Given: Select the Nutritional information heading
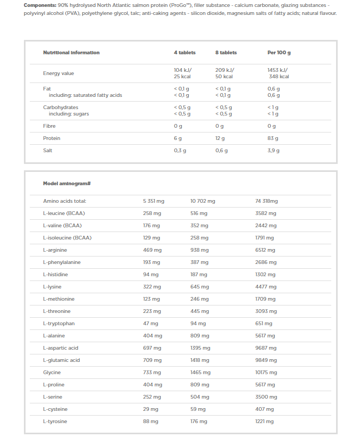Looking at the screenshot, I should click(x=71, y=53).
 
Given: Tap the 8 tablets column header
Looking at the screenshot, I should click(x=226, y=53).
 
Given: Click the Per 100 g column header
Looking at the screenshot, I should click(x=279, y=53).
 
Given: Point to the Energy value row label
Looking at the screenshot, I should click(x=58, y=73).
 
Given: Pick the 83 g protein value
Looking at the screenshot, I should click(x=273, y=138).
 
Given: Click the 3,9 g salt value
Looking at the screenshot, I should click(x=273, y=151).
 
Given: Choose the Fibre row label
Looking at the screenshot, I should click(x=49, y=126).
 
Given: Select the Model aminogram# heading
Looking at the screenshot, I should click(x=67, y=184).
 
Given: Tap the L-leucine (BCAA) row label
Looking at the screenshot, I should click(x=64, y=213).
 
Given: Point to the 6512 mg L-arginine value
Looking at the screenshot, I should click(x=265, y=250).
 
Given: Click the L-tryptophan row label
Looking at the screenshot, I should click(x=59, y=324).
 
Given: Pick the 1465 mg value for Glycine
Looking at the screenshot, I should click(x=200, y=373).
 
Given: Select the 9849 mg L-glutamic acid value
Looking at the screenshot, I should click(x=266, y=360).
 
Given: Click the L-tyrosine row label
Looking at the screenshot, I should click(x=55, y=422).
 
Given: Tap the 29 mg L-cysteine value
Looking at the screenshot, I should click(x=150, y=409).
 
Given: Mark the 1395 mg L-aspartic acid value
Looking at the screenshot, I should click(x=200, y=348).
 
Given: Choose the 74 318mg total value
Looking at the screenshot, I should click(x=267, y=201).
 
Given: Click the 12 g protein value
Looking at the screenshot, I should click(x=220, y=138).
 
